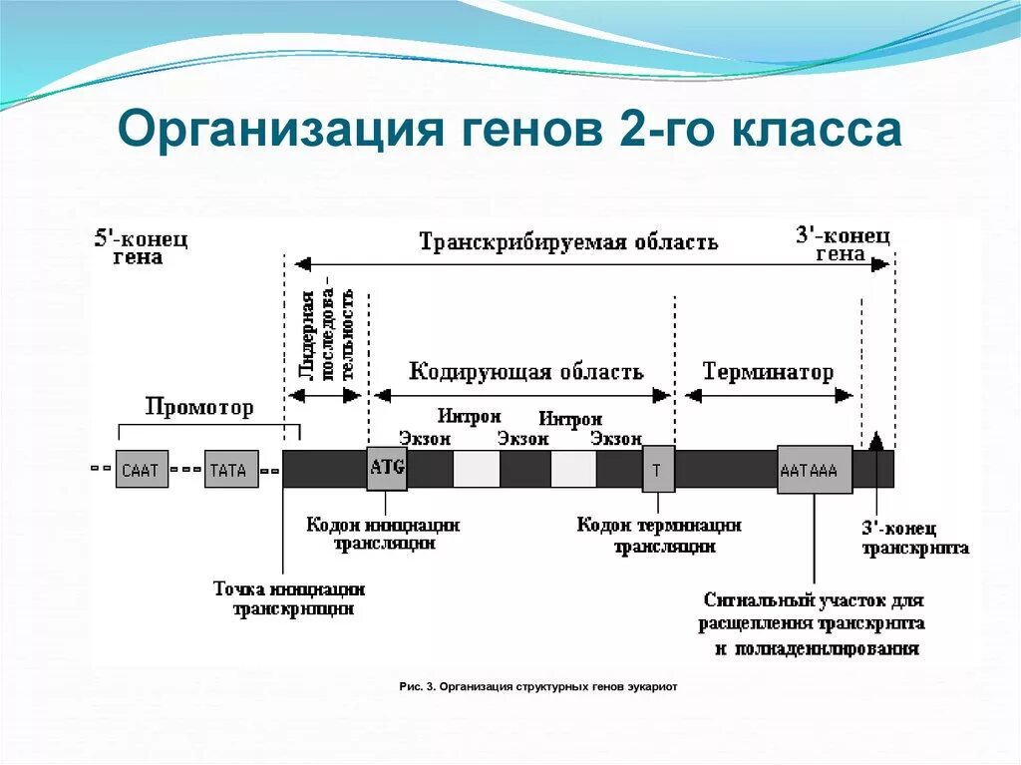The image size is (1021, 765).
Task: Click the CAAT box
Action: tap(142, 470)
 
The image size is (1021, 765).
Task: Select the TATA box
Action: tap(231, 470)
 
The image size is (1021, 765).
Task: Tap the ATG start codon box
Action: tap(387, 468)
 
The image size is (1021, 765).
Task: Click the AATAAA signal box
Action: tap(815, 470)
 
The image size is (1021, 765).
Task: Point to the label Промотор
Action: tap(199, 407)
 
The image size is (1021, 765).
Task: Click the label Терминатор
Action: tap(768, 373)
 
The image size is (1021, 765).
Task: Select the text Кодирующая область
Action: tap(525, 373)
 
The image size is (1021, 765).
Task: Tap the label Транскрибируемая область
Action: tap(567, 242)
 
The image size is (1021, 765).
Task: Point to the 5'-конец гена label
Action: tap(141, 247)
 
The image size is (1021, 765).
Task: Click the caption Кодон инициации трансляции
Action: tap(383, 534)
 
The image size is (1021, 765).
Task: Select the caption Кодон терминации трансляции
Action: tap(659, 535)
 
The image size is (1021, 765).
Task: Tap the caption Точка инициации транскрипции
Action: tap(289, 598)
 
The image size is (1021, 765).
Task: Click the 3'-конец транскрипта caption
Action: tap(914, 539)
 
